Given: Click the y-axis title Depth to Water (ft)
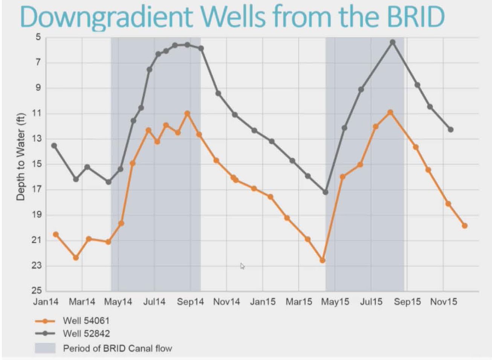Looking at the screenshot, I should [x=21, y=157].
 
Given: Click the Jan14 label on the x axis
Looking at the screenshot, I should [x=46, y=302].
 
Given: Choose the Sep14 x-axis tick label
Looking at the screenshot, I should [x=190, y=302].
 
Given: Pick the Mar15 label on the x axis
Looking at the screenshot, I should [x=299, y=302].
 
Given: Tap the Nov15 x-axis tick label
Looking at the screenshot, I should [x=443, y=302].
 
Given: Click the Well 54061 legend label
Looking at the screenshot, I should [x=86, y=321].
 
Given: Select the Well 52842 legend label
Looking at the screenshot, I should [x=86, y=333].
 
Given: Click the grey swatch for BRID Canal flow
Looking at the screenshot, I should [x=45, y=348].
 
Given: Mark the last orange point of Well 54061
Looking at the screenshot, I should [x=464, y=226].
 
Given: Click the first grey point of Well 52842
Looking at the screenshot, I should [x=54, y=146].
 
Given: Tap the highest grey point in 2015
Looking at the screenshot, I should [x=393, y=42].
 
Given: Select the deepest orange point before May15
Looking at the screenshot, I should [x=322, y=260].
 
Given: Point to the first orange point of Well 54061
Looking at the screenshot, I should [x=56, y=234].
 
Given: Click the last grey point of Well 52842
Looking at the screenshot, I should [x=451, y=130].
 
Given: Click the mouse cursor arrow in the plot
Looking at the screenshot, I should [x=242, y=266].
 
